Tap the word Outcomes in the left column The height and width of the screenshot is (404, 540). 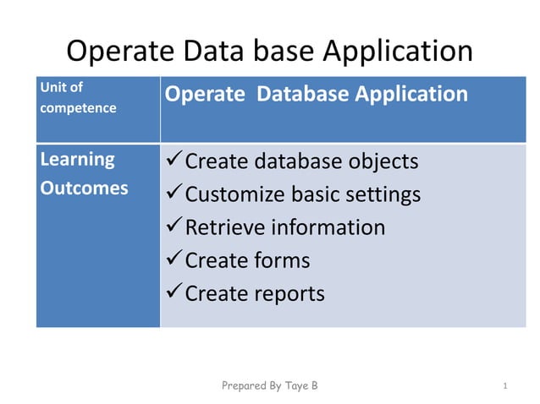[84, 188]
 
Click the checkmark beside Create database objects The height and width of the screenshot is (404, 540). [174, 161]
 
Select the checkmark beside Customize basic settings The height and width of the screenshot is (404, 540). [174, 194]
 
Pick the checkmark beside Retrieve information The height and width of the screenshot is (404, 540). [174, 227]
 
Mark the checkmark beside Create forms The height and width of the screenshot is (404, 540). [174, 259]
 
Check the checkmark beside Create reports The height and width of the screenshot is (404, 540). [174, 292]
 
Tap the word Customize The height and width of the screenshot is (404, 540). [236, 194]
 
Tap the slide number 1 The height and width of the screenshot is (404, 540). [504, 386]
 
